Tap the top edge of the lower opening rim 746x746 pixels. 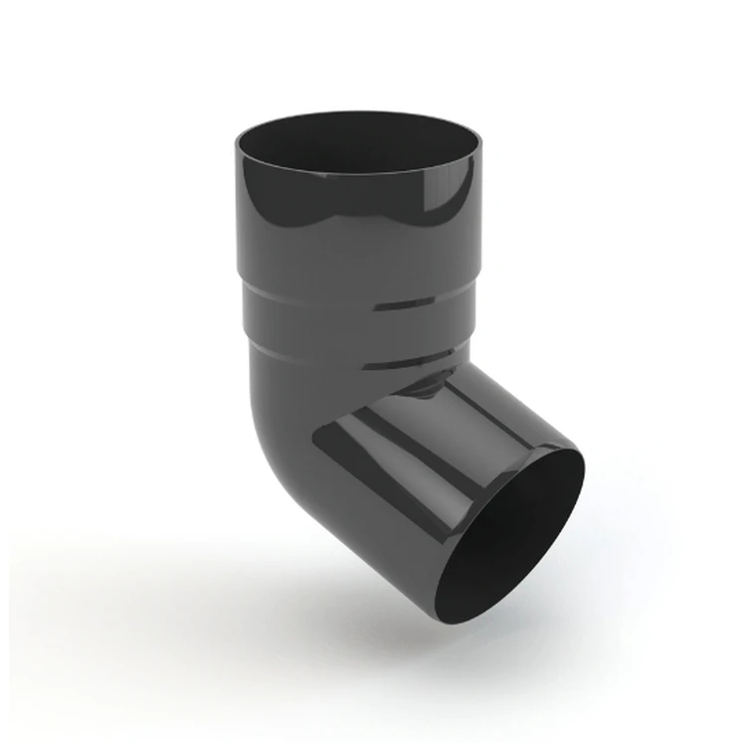pyautogui.click(x=557, y=453)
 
